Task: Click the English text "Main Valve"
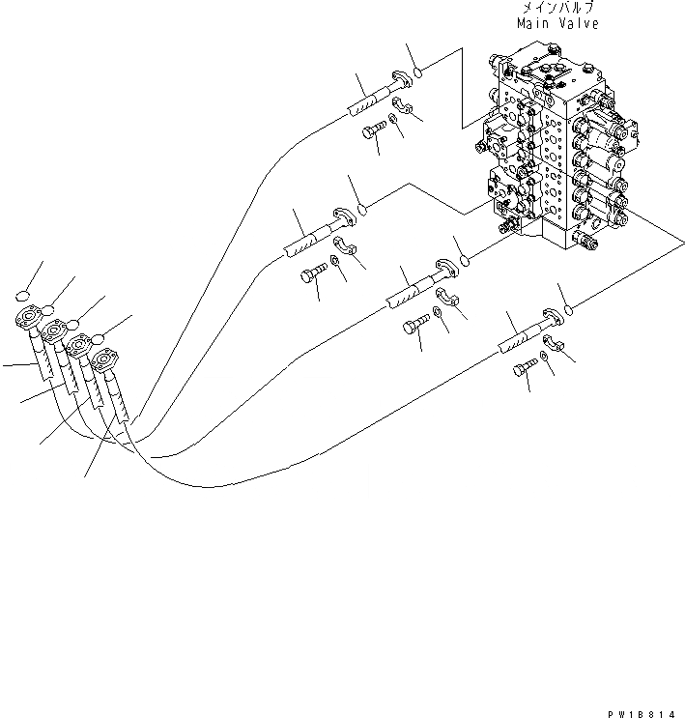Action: point(557,22)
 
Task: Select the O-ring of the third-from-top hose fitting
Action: point(465,258)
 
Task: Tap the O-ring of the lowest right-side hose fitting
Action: point(570,309)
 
